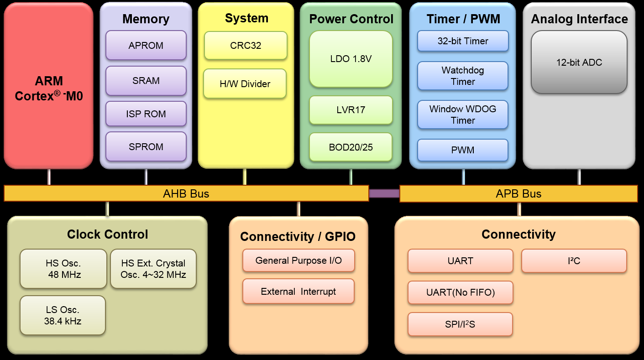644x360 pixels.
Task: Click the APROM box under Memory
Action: tap(146, 45)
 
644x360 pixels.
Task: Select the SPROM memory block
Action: tap(146, 146)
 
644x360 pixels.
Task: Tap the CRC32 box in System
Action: tap(245, 45)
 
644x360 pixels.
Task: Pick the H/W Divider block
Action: tap(245, 83)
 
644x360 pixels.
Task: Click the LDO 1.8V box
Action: tap(351, 59)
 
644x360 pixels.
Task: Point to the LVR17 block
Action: tap(351, 110)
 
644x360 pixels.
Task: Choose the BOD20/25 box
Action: tap(351, 147)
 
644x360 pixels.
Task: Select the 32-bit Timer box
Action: tap(463, 41)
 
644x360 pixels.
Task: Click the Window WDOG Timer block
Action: tap(463, 115)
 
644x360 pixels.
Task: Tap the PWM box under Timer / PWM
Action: tap(463, 150)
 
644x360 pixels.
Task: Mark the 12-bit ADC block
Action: tap(579, 63)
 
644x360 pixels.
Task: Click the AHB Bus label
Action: tap(186, 193)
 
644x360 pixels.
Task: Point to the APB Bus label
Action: tap(518, 193)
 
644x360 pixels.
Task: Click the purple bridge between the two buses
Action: tap(384, 193)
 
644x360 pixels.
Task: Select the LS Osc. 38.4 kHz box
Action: tap(63, 315)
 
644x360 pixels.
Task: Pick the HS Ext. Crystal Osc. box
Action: tap(153, 269)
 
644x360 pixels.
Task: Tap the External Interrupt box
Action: tap(298, 291)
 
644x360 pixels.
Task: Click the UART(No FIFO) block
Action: tap(460, 292)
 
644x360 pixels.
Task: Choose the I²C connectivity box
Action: tap(574, 261)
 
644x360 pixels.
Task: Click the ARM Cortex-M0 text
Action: tap(49, 89)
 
